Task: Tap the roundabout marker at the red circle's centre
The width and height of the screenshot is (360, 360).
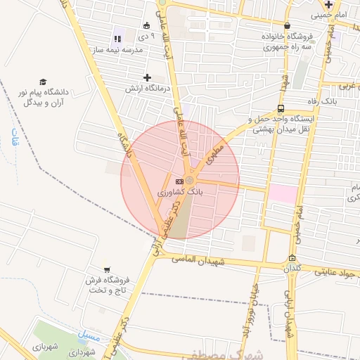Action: click(x=190, y=181)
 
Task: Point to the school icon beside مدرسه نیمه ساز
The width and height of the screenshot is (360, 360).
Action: click(x=117, y=39)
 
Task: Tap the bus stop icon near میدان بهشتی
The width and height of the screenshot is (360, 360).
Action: click(x=281, y=109)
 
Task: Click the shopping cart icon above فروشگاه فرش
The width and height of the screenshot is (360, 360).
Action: click(x=107, y=269)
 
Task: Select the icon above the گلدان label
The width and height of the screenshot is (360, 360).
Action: click(x=292, y=257)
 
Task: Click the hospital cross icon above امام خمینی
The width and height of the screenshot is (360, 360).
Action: click(x=328, y=4)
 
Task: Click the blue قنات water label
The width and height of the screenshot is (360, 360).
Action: click(x=14, y=140)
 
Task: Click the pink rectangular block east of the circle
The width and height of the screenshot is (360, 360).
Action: click(x=283, y=194)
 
